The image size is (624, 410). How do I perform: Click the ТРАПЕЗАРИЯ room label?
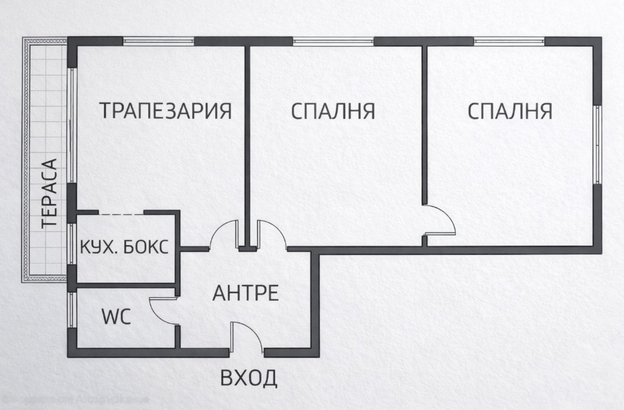tap(167, 110)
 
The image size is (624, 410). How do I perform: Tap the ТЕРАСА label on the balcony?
tap(50, 193)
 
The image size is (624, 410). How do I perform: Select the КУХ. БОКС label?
tap(124, 247)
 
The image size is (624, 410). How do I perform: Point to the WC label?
tap(116, 318)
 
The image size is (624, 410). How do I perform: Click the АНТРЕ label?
tap(245, 293)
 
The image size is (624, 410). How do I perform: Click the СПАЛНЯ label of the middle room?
tap(333, 111)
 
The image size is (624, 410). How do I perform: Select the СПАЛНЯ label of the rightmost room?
tap(510, 111)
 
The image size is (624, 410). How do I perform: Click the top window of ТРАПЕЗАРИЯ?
tap(159, 41)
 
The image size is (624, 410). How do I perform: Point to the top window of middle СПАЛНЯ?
tap(333, 41)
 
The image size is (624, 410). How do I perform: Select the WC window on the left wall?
tap(71, 311)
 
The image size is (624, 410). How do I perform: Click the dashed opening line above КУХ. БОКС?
tap(121, 213)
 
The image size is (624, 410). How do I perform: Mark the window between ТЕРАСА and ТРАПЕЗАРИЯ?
tap(72, 125)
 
